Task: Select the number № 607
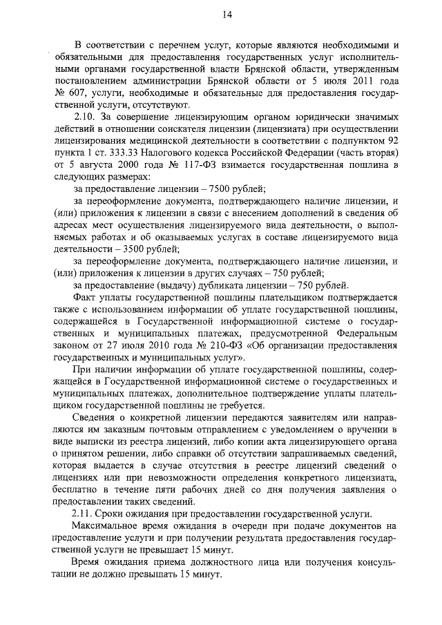pos(69,93)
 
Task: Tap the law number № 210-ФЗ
pos(212,346)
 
